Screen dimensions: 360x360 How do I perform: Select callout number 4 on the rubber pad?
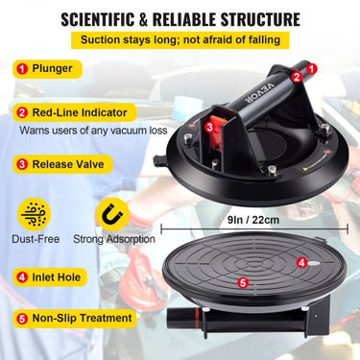point(301,261)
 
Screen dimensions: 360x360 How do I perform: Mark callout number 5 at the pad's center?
point(243,282)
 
